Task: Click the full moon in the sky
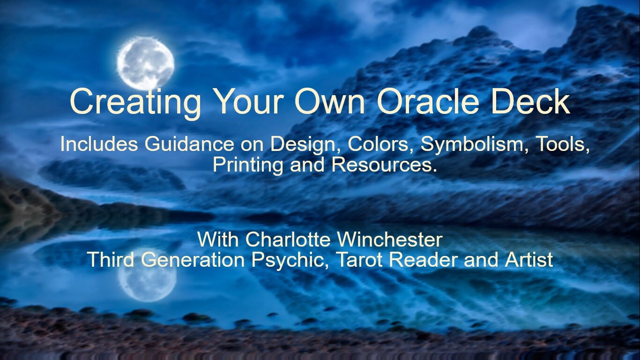pyautogui.click(x=145, y=63)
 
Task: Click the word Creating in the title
pyautogui.click(x=135, y=102)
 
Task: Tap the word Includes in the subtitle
pyautogui.click(x=99, y=144)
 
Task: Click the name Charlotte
pyautogui.click(x=288, y=240)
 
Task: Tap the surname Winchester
pyautogui.click(x=389, y=240)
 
